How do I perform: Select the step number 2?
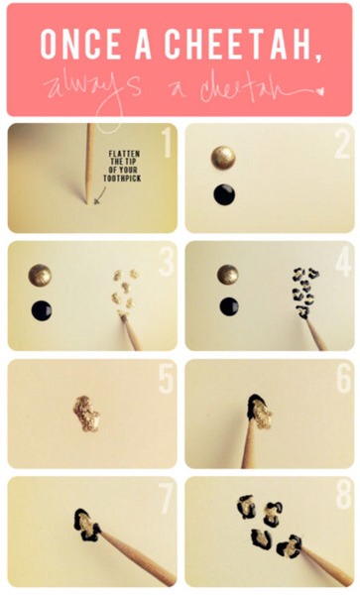pos(340,145)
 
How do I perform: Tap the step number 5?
pos(166,379)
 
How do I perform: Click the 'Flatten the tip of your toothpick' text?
pos(126,167)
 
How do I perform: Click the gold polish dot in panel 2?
pos(224,158)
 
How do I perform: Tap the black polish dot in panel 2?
pos(224,193)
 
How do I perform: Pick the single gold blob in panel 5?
pos(87,409)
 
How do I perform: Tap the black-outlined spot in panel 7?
pos(86,526)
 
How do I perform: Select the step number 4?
pos(340,262)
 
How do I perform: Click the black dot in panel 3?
pos(41,310)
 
